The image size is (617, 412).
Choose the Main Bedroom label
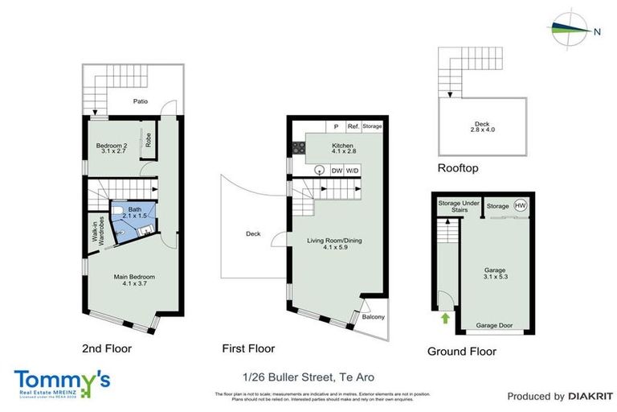(133, 280)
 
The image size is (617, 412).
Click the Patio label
(142, 102)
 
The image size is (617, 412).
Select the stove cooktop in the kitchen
(298, 147)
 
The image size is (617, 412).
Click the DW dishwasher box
(336, 170)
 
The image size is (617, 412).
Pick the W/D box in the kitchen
(353, 170)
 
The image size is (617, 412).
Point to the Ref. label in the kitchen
(353, 126)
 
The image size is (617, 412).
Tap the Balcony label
(373, 316)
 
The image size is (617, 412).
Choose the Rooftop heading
(458, 168)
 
